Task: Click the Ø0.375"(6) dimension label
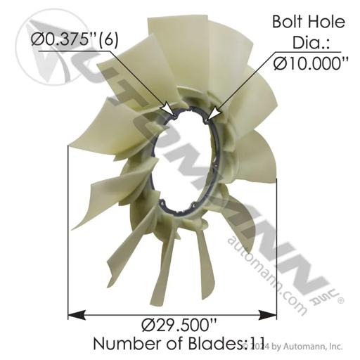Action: [75, 40]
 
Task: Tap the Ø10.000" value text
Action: [311, 63]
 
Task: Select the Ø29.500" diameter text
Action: [179, 326]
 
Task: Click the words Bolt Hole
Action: [309, 22]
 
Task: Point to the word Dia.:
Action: [311, 43]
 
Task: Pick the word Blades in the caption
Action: [215, 344]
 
